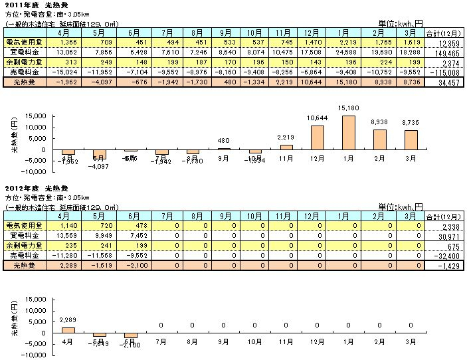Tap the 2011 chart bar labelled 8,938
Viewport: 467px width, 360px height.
coord(379,139)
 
